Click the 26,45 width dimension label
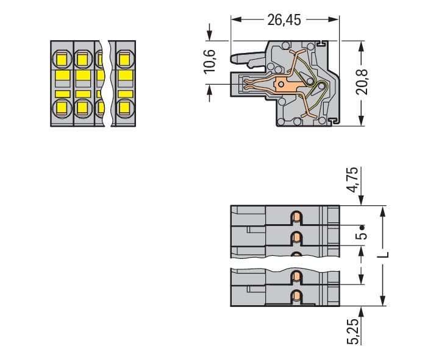(284, 20)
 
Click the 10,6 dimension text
(210, 62)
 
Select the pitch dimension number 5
(362, 236)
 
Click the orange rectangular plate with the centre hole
(285, 84)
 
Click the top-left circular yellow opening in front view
(61, 60)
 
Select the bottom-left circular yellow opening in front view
(61, 108)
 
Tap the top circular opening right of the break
(124, 60)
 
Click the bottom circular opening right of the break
(124, 108)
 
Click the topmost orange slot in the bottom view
(296, 217)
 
